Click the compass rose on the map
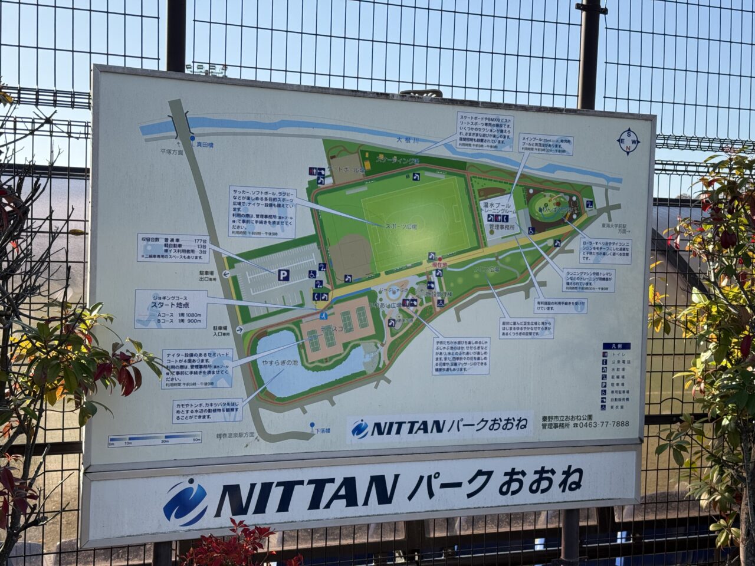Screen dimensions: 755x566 pyautogui.click(x=628, y=140)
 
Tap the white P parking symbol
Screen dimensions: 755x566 pyautogui.click(x=284, y=275)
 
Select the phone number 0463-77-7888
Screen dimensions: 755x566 pyautogui.click(x=605, y=424)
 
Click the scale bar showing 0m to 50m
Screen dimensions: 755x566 pyautogui.click(x=155, y=439)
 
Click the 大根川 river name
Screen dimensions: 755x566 pyautogui.click(x=407, y=140)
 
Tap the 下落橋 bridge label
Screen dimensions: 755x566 pyautogui.click(x=322, y=430)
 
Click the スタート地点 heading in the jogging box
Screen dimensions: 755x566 pyautogui.click(x=169, y=305)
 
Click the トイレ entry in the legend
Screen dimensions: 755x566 pyautogui.click(x=619, y=355)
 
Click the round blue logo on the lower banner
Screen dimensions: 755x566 pyautogui.click(x=185, y=502)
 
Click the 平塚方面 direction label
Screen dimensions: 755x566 pyautogui.click(x=171, y=152)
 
